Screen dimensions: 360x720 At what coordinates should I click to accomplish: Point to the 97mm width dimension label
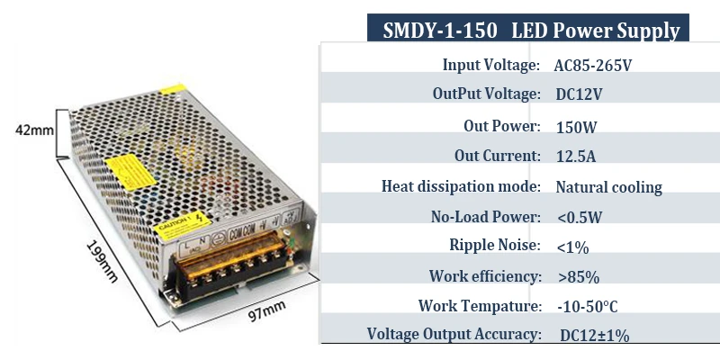pyautogui.click(x=266, y=311)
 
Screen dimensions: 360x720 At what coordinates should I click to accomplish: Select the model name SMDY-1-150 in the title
pyautogui.click(x=440, y=31)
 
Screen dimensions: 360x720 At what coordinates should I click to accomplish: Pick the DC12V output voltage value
pyautogui.click(x=580, y=94)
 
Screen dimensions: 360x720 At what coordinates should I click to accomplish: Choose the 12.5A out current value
pyautogui.click(x=576, y=157)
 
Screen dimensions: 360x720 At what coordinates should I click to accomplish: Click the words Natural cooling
pyautogui.click(x=608, y=187)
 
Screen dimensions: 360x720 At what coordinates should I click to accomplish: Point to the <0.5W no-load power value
pyautogui.click(x=580, y=217)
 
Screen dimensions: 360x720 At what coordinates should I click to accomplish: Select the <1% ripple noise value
pyautogui.click(x=572, y=246)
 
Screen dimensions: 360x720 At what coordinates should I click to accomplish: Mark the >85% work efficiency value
pyautogui.click(x=578, y=276)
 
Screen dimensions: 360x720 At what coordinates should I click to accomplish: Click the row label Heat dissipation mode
pyautogui.click(x=460, y=187)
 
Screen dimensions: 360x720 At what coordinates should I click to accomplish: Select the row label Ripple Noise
pyautogui.click(x=494, y=245)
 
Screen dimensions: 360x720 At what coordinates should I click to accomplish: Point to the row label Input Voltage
pyautogui.click(x=490, y=65)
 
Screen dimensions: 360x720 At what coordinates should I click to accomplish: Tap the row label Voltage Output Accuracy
pyautogui.click(x=454, y=335)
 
